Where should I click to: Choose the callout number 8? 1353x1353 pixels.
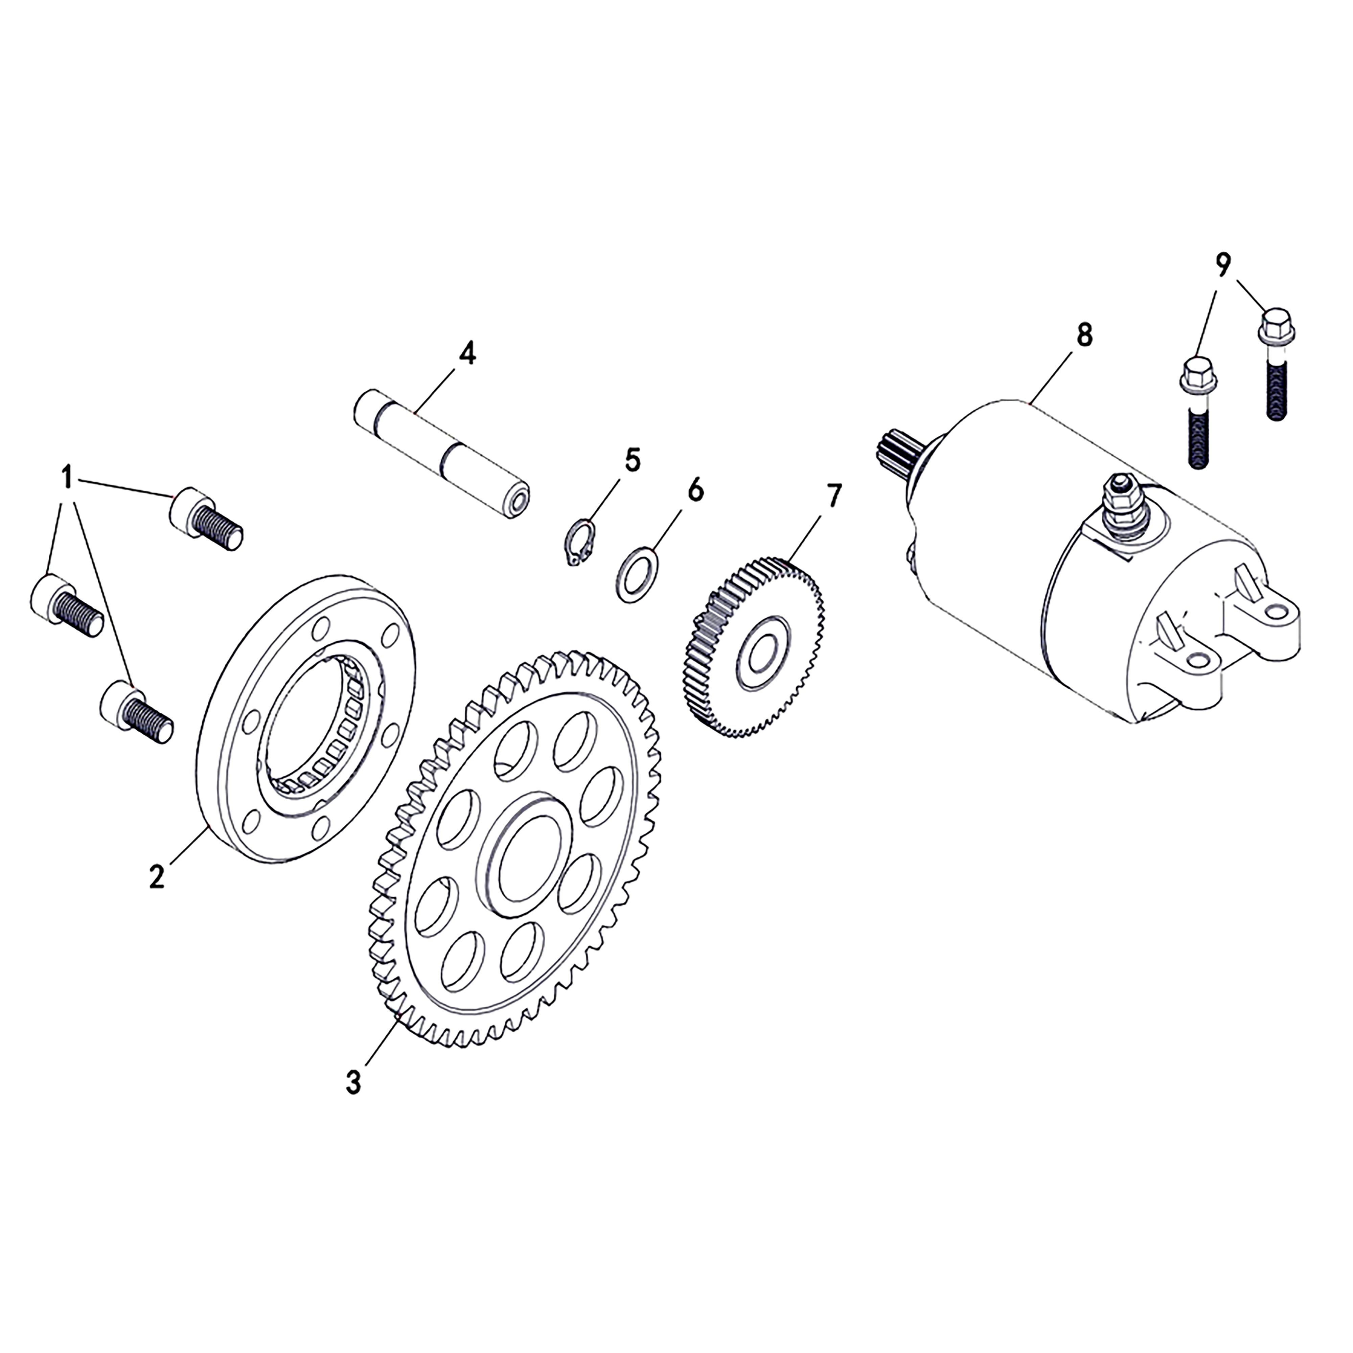1083,335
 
